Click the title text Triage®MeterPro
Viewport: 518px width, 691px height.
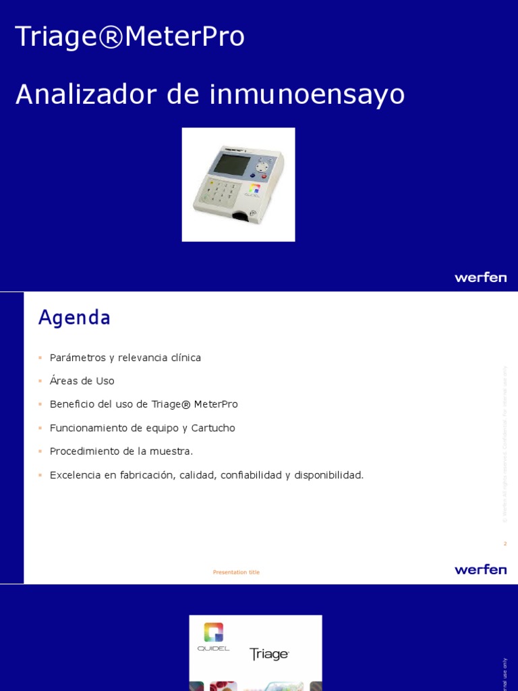pos(129,36)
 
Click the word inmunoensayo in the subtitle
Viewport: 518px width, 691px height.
pos(307,94)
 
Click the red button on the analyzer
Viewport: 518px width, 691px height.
pos(263,177)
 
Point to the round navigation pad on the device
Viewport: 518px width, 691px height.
pos(262,165)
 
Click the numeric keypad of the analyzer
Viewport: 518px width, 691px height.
pos(222,192)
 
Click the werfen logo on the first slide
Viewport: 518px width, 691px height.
pos(480,277)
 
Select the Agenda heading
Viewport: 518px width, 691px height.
pos(74,317)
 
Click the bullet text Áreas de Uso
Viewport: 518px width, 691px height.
pos(82,381)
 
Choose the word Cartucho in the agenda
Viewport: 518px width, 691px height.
pos(213,428)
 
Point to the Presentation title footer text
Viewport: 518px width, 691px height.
pos(236,572)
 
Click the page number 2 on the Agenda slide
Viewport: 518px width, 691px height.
pos(505,543)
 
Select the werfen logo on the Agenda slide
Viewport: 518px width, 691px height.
pos(480,570)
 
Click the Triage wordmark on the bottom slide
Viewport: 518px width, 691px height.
pos(269,655)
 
